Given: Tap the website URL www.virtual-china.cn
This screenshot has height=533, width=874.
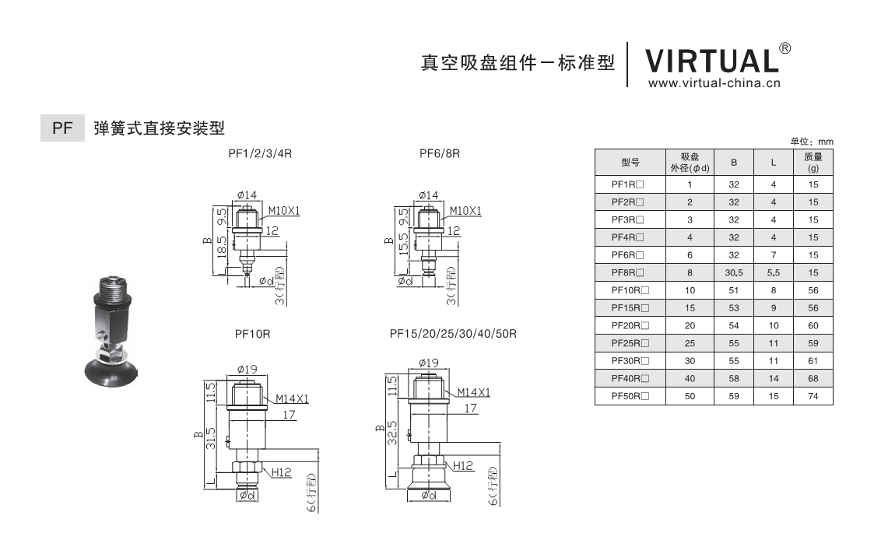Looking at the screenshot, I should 713,83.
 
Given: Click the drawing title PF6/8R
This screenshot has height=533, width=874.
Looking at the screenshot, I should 440,154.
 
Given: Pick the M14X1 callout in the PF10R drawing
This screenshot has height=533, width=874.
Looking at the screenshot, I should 292,399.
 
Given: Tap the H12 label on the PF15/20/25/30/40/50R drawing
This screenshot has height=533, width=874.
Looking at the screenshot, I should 463,465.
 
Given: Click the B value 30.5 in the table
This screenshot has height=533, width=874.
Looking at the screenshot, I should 734,272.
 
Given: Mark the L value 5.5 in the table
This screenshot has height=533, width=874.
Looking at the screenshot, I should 773,272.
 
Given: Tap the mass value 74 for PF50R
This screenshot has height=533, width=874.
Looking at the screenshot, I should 813,397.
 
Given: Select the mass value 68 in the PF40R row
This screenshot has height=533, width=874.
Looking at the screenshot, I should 813,379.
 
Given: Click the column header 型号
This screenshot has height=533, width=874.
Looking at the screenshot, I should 630,162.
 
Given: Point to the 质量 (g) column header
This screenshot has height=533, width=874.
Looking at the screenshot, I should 813,162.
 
